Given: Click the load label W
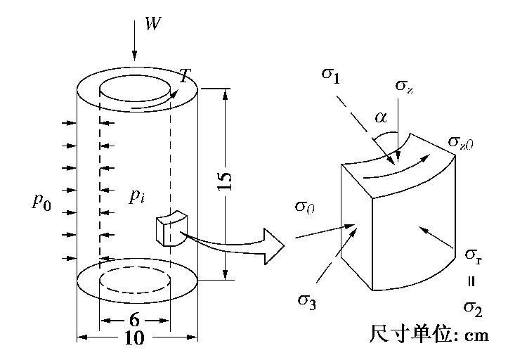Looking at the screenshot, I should click(152, 24).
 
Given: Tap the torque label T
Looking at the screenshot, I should click(185, 77).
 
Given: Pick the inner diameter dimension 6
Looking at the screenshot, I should click(135, 319).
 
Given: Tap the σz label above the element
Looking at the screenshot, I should click(403, 86).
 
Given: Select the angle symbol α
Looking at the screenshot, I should click(381, 117).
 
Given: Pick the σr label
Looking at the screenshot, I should click(473, 255).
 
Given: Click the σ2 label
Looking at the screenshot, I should click(473, 307).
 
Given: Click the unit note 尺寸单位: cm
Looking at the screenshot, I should click(428, 334).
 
